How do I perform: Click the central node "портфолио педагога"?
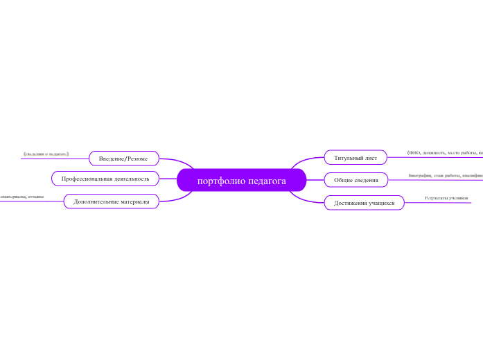coord(241,181)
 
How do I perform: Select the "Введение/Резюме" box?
coord(123,159)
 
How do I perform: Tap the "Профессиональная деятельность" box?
coord(105,179)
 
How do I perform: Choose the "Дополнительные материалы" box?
coord(111,201)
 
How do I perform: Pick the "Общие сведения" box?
coord(356,181)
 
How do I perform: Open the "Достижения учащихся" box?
coord(364,203)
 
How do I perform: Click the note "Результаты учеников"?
coord(446,198)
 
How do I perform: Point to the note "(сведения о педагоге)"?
coord(46,153)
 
